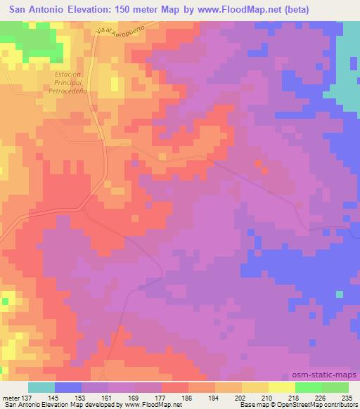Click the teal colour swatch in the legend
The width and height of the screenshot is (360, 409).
click(x=41, y=387)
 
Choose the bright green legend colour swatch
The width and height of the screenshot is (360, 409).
click(x=309, y=387)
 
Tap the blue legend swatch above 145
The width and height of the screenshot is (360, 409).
click(x=68, y=387)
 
